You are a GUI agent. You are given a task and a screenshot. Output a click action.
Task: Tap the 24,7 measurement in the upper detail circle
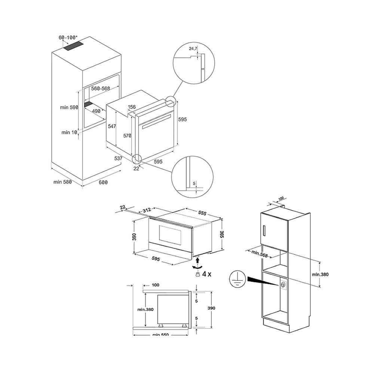193,49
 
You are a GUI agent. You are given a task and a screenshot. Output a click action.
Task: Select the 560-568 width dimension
100,89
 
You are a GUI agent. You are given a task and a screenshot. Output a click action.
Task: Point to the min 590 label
69,107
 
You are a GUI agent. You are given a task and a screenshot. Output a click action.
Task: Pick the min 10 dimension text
70,132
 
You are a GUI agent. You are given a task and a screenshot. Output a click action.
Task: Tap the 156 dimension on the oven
132,107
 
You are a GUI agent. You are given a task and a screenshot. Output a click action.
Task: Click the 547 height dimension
111,127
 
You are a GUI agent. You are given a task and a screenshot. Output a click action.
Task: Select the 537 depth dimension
119,159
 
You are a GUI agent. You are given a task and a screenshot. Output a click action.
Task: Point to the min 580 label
62,182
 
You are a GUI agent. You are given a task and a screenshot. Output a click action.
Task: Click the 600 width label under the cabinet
103,182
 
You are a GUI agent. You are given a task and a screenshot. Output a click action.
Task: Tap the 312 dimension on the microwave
147,211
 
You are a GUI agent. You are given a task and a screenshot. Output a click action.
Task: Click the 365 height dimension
222,235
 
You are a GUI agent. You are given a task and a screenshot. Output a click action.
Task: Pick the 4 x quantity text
207,274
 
